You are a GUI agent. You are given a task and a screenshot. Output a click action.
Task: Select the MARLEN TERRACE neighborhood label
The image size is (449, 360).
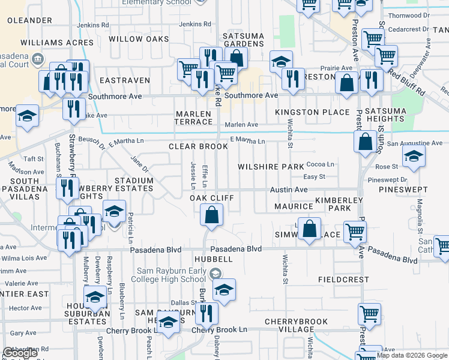coord(193,118)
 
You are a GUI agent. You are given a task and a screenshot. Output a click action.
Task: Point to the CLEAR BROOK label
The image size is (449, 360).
coord(198,146)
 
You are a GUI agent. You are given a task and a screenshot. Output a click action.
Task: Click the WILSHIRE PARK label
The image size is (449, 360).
coord(271,167)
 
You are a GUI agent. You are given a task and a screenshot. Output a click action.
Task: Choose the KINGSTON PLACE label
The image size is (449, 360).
coord(312,112)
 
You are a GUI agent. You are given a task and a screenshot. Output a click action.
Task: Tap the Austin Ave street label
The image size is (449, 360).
coord(288,189)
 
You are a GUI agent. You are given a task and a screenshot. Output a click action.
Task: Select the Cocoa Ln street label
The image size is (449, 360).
coord(320,164)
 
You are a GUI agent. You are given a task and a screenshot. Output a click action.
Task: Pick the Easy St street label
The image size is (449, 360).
coord(314,176)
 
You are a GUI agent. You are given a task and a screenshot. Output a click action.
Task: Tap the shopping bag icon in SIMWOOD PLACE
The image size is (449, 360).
coord(309,229)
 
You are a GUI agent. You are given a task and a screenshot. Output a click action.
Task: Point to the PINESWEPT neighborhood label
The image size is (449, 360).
coord(403,190)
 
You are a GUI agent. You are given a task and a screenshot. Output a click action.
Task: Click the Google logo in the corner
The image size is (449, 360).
coord(20,353)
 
